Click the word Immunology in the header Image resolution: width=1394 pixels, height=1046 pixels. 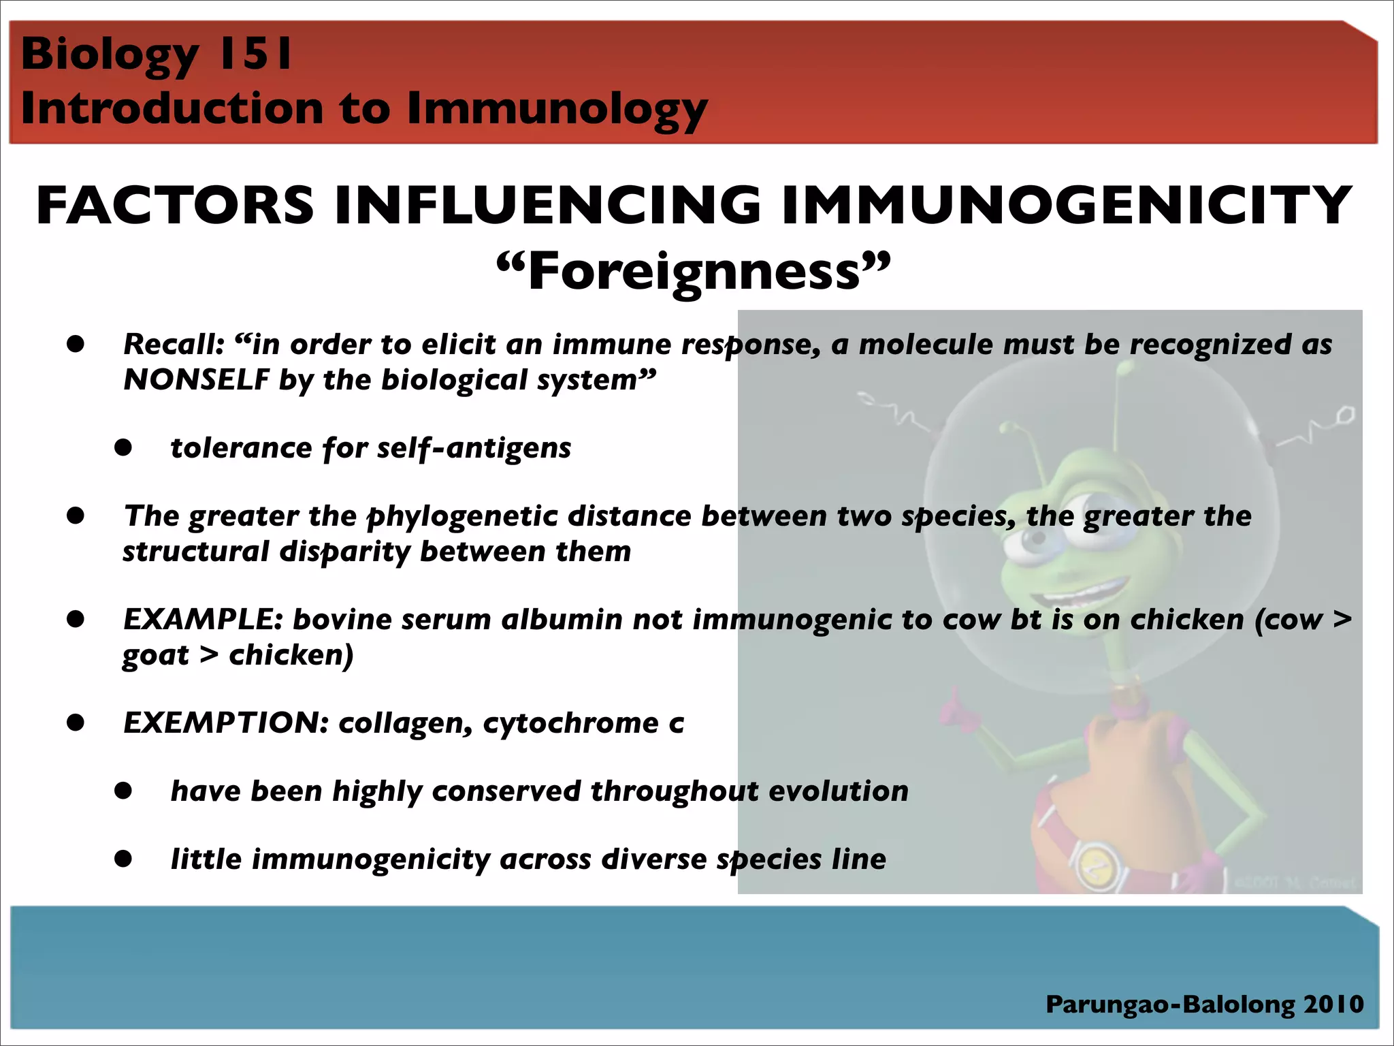point(557,109)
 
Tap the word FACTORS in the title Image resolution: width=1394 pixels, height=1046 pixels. point(175,206)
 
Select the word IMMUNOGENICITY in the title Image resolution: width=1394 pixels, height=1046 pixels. point(1066,206)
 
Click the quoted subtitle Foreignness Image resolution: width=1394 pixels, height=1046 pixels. point(693,271)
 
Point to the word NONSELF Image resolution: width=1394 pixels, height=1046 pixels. point(196,379)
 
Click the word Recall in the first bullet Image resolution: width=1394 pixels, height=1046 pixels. point(172,345)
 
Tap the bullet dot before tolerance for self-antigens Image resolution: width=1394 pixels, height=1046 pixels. point(123,447)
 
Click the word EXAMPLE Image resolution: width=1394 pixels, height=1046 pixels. point(202,620)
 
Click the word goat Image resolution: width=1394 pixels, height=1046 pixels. point(156,655)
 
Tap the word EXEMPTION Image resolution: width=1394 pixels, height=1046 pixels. point(225,723)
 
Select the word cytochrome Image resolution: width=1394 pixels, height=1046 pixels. point(570,723)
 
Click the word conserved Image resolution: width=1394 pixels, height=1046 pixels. point(506,791)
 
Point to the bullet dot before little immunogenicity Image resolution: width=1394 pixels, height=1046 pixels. point(123,859)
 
